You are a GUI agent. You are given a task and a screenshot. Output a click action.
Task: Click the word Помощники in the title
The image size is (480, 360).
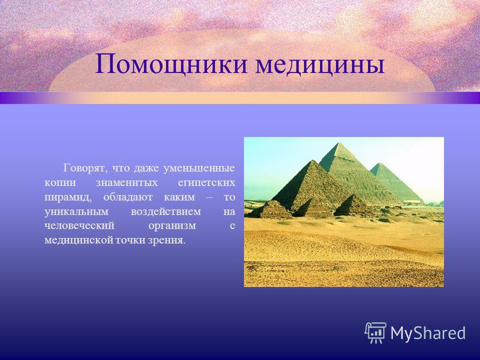171,65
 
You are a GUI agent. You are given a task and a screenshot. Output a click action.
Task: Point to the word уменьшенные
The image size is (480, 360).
199,169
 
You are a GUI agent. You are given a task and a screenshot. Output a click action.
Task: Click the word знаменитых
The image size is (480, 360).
127,183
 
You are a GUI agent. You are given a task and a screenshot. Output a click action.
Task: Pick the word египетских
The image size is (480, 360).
206,184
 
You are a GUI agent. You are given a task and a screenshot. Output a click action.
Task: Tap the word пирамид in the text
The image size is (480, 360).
68,198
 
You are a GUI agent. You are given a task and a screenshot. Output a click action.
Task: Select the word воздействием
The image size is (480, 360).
166,212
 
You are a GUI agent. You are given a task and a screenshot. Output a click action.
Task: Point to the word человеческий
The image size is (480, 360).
79,226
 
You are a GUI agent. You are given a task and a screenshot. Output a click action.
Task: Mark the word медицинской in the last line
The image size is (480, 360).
79,241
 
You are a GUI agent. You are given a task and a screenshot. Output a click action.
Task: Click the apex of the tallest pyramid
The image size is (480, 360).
338,143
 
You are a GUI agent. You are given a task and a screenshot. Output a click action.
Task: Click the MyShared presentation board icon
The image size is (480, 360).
376,333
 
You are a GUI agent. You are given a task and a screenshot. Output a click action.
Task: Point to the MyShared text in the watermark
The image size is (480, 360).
428,333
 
